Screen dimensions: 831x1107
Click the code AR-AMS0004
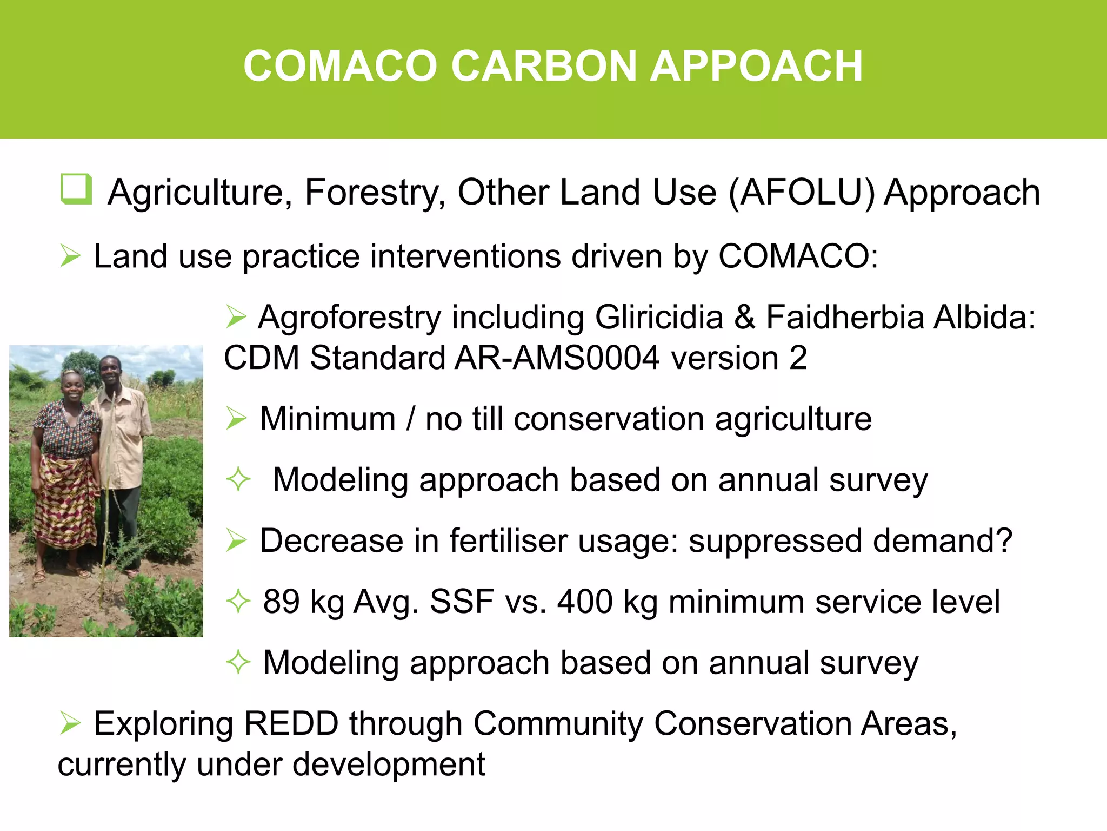tap(557, 358)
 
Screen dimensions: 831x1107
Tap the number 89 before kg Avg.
tap(281, 602)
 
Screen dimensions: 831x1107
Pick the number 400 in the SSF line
tap(585, 602)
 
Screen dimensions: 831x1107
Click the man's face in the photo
tap(111, 371)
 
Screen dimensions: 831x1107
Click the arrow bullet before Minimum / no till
tap(236, 419)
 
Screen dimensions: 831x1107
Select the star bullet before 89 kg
tap(238, 602)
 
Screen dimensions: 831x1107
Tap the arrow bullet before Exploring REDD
tap(70, 723)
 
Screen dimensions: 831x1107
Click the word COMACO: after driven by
tap(798, 256)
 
